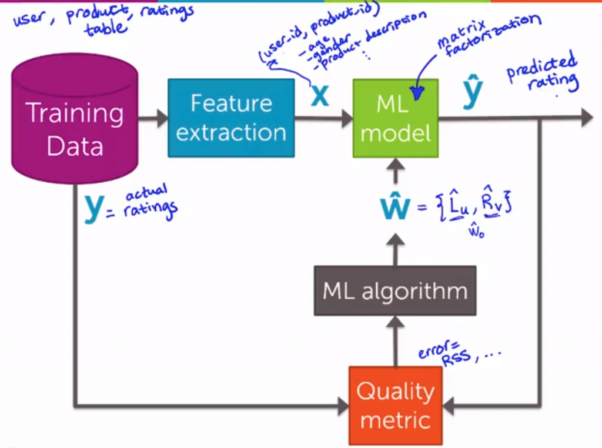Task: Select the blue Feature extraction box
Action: pos(231,118)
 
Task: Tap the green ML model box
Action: pos(395,118)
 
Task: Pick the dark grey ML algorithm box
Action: pos(394,291)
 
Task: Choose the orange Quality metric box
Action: pos(395,406)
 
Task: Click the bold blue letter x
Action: pos(320,95)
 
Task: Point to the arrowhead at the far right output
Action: pos(586,118)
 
